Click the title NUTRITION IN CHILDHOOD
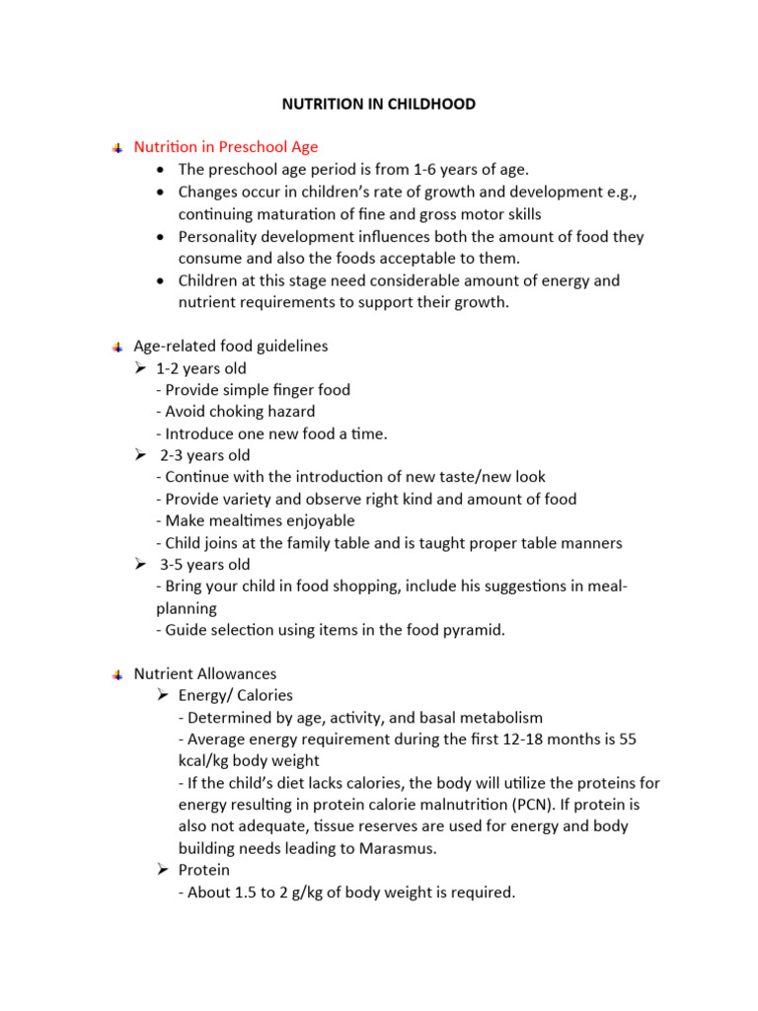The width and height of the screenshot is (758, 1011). [378, 104]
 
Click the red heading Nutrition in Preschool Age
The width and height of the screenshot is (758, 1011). [226, 147]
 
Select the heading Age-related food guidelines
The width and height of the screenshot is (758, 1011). [231, 347]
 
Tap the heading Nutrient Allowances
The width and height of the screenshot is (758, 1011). [205, 674]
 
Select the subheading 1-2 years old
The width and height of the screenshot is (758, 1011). [201, 368]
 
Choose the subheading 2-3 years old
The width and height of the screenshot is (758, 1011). [205, 455]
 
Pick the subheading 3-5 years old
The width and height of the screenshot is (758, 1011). [205, 565]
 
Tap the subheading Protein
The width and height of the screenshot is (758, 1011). [204, 871]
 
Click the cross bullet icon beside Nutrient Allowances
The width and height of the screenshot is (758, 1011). [116, 674]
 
